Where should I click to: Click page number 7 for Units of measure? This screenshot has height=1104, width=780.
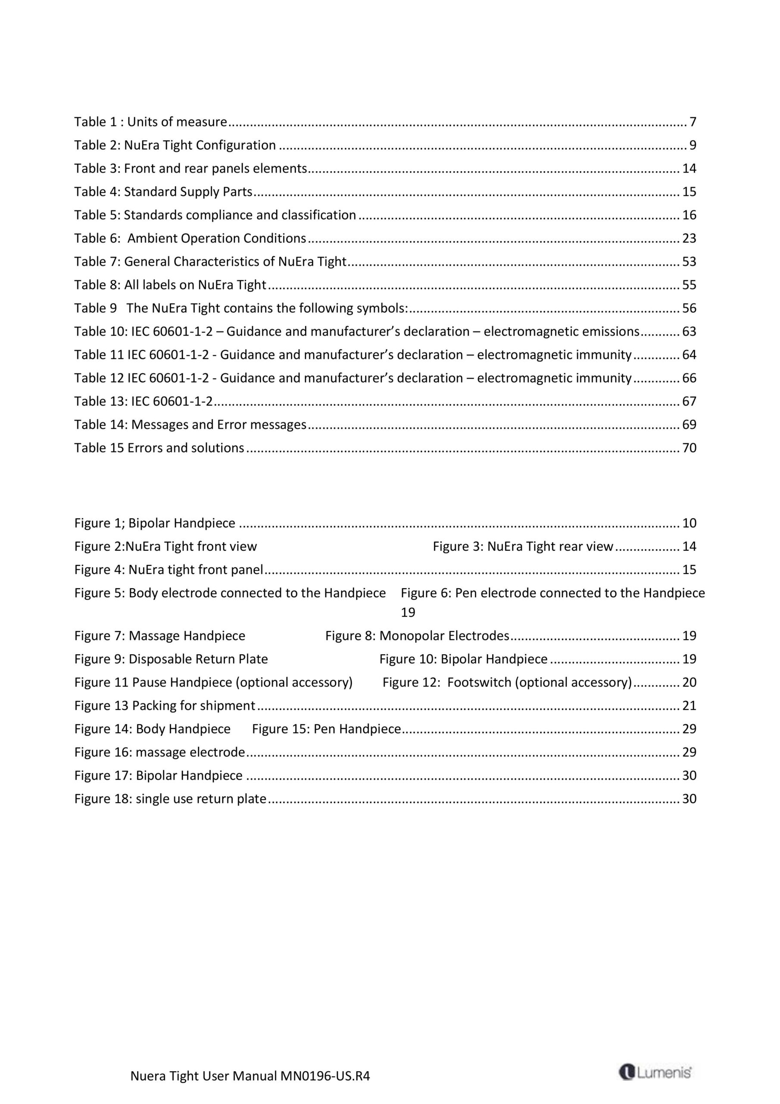coord(693,122)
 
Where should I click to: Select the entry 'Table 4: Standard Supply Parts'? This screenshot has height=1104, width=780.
coord(163,192)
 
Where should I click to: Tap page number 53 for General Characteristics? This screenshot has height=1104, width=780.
coord(689,262)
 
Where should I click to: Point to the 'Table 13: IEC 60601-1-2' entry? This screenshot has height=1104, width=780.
coord(143,401)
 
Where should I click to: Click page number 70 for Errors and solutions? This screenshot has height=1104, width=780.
coord(689,448)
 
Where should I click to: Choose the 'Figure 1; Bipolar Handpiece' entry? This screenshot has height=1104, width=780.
coord(155,523)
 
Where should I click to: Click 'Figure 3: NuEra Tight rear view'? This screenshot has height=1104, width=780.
coord(523,546)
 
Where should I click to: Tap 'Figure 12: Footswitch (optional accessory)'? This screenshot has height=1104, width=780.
coord(507,682)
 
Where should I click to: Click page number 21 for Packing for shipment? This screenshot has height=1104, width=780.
coord(689,706)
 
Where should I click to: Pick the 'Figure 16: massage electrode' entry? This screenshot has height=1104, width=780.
coord(159,752)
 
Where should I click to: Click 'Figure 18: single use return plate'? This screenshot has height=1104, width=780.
coord(170,799)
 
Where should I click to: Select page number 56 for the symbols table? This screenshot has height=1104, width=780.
coord(689,308)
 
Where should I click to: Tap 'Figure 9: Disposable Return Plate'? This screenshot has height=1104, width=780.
coord(171,659)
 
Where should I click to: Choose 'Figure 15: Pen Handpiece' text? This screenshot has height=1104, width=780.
coord(326,729)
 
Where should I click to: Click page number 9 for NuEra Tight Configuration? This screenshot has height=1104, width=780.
coord(693,145)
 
